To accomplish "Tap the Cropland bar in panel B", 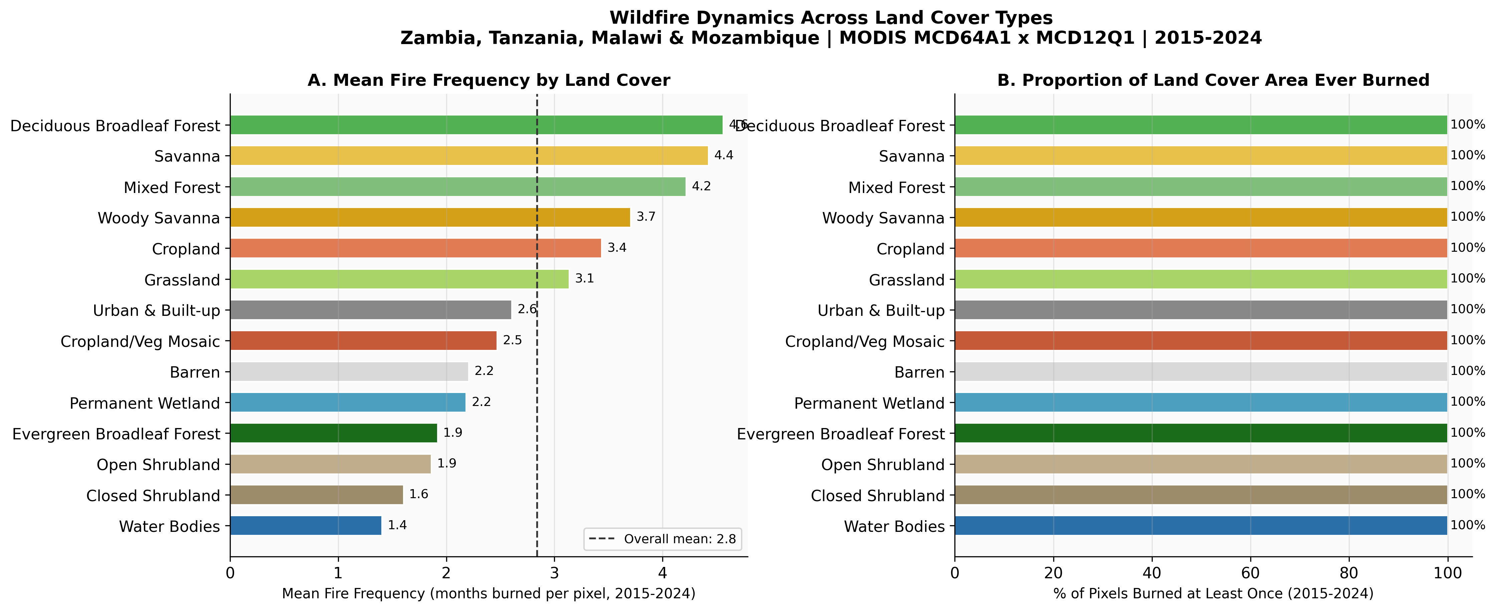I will click(1200, 248).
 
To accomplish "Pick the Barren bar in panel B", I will click(1200, 372).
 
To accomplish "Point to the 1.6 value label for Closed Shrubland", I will click(419, 494).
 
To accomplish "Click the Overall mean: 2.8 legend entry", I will click(663, 539).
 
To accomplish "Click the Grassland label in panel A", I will click(182, 280).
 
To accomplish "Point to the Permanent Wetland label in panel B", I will click(869, 403).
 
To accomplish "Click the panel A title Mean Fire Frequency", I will click(489, 80).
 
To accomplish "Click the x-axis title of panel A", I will click(489, 594).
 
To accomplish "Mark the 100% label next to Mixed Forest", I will click(1468, 186).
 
